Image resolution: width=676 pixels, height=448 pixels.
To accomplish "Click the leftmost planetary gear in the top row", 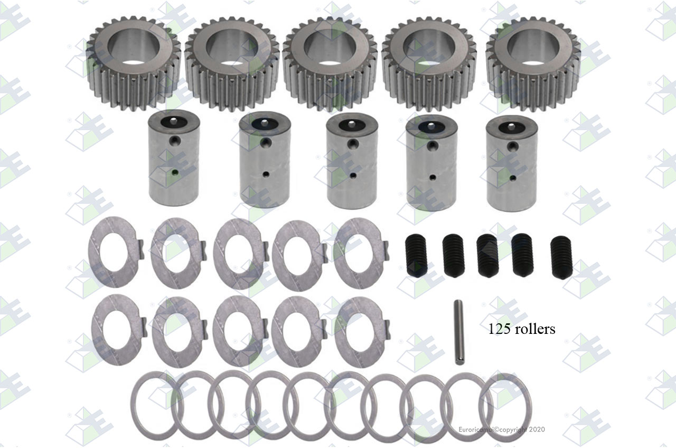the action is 134,63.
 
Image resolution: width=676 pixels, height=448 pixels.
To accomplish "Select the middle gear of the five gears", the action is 331,64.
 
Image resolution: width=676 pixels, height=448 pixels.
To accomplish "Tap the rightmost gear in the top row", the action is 533,64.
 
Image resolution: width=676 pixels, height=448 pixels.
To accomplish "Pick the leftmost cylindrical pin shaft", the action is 174,158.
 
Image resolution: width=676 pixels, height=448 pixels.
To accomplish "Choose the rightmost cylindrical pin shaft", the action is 512,163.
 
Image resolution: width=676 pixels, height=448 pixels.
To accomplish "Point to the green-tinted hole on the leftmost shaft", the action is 174,172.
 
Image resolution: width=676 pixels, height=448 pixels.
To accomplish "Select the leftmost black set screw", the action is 415,256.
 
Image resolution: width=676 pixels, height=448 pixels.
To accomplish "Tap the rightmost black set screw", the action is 561,257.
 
